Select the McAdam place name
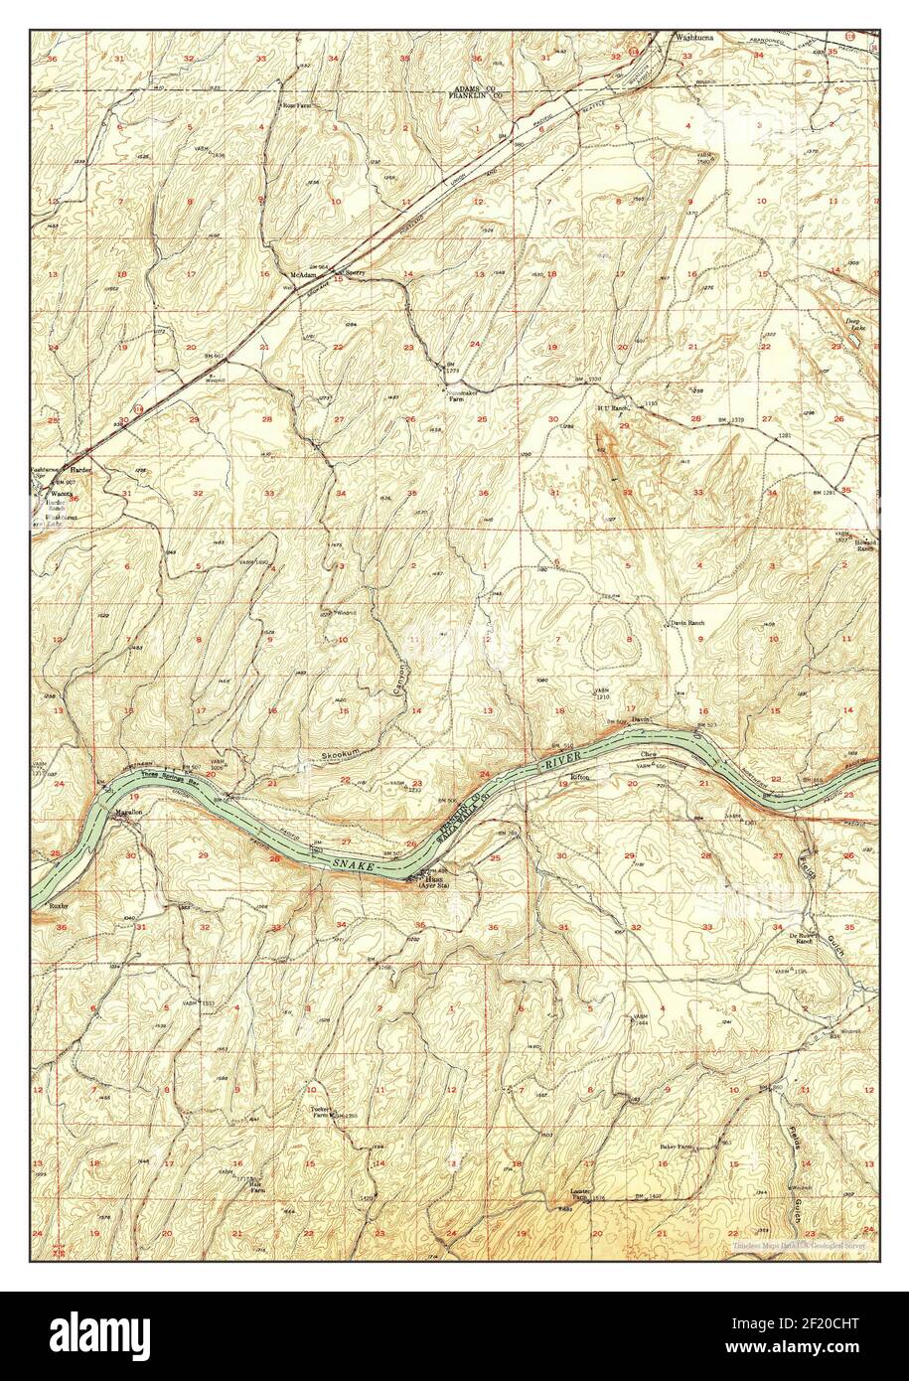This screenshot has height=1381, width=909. tap(302, 274)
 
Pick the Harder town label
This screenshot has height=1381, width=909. tap(79, 468)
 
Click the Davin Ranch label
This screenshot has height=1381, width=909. tap(686, 624)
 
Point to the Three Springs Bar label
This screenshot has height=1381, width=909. tap(163, 774)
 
